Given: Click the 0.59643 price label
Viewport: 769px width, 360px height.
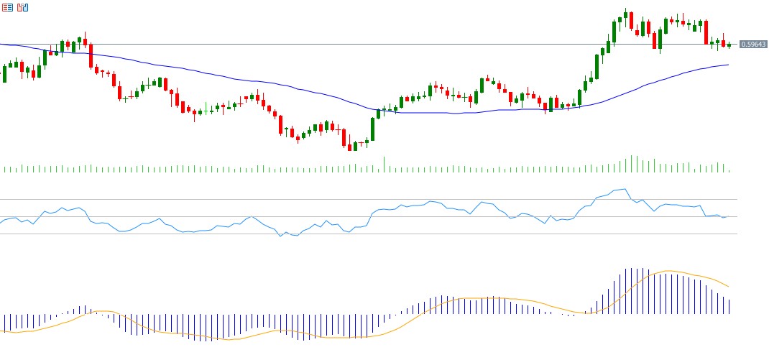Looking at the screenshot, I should coord(753,45).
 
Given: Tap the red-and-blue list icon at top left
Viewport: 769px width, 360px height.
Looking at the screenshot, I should coord(7,7).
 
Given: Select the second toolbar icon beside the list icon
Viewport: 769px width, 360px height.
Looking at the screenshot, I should coord(22,7).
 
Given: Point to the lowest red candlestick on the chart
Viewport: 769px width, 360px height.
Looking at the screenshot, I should coord(350,147).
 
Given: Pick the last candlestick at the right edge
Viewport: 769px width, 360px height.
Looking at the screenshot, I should coord(729,46).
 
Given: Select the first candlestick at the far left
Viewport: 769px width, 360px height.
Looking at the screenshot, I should coord(4,73).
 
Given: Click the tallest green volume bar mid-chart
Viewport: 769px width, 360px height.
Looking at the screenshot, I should coord(384,164).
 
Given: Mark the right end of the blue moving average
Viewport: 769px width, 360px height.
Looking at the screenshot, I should coord(728,65).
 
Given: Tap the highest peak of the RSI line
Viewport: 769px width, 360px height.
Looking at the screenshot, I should coord(626,189).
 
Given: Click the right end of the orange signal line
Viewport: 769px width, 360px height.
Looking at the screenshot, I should coord(729,287).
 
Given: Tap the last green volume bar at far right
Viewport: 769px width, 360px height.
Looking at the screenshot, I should coord(729,170).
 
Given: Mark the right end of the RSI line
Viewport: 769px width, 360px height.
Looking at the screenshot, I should coord(728,216).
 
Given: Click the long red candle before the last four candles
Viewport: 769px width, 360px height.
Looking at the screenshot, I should coord(706,32).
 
